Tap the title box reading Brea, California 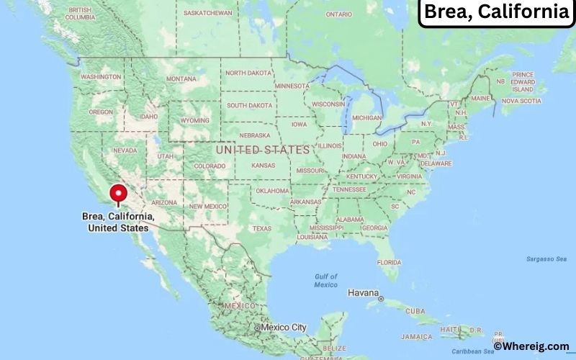[496, 12]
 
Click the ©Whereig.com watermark [531, 346]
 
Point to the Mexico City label [283, 328]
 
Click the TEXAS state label [261, 228]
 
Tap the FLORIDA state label [389, 262]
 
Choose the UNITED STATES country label [263, 150]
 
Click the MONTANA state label [181, 78]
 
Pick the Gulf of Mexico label [325, 280]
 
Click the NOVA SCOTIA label [521, 101]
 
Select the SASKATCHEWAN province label [207, 13]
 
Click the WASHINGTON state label [101, 76]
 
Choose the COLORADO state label [210, 166]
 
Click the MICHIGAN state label [366, 117]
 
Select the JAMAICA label [418, 336]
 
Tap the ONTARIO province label [338, 14]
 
